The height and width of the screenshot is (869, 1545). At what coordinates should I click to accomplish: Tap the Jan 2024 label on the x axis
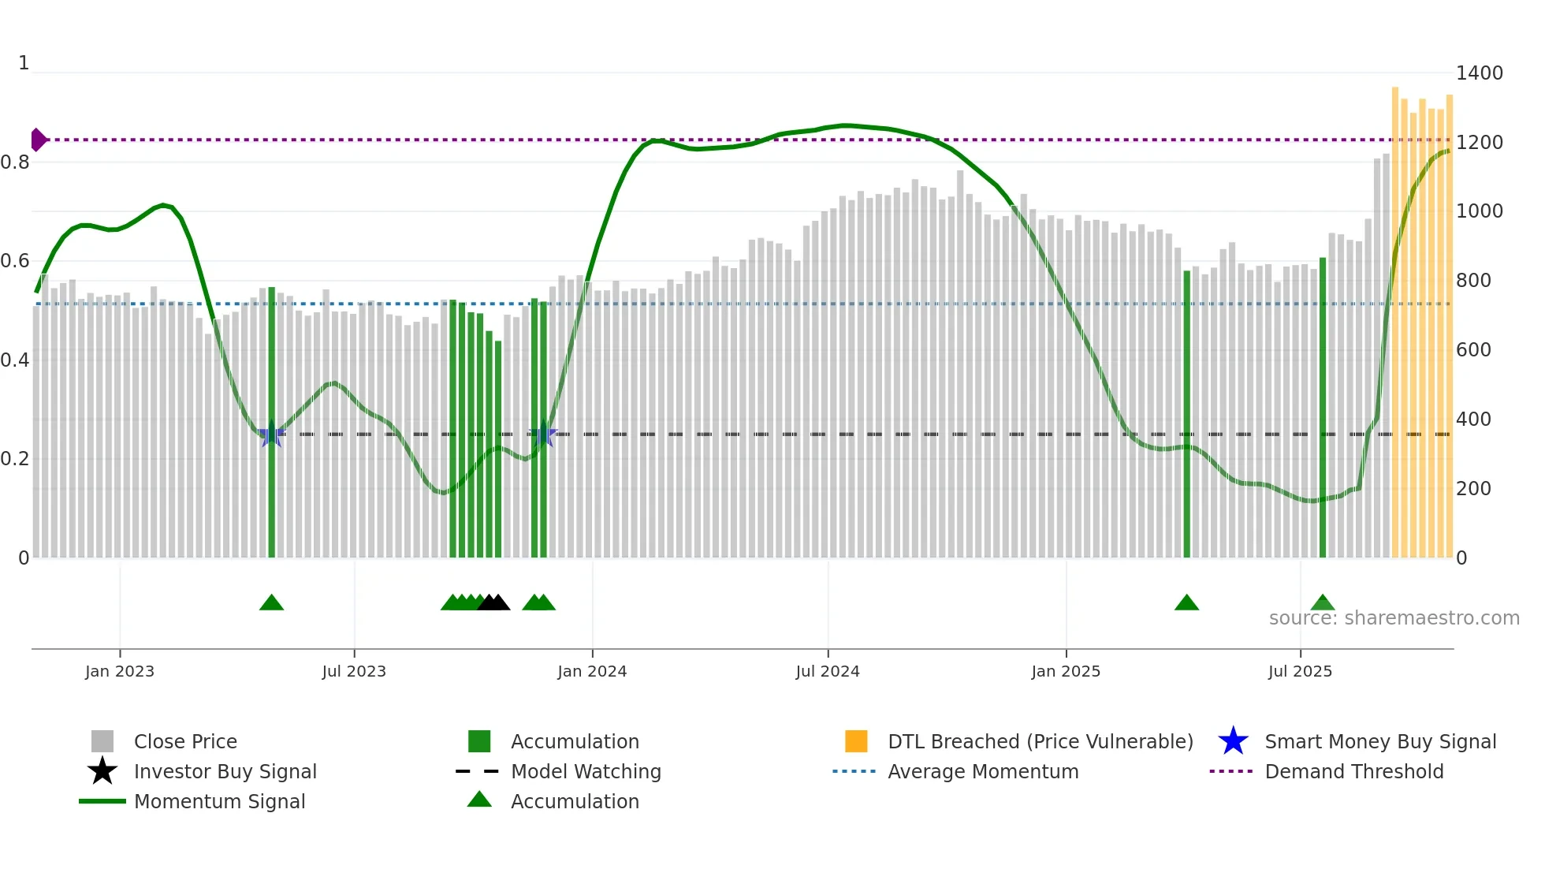(x=592, y=671)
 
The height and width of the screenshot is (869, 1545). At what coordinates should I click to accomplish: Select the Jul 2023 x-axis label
(x=354, y=671)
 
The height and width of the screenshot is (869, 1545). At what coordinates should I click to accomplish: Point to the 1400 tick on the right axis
(x=1479, y=73)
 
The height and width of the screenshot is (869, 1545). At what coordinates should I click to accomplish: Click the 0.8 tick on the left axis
(x=15, y=162)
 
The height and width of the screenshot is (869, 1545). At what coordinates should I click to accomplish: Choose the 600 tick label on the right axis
(x=1473, y=350)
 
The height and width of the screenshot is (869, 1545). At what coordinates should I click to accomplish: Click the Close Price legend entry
(x=184, y=741)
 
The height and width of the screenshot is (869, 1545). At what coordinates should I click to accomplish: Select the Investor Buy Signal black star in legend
(x=102, y=771)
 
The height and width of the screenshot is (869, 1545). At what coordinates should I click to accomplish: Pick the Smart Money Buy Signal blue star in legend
(x=1233, y=741)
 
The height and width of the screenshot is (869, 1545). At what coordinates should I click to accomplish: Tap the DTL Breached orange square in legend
(x=856, y=741)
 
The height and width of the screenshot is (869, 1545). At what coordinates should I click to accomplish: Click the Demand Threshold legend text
(x=1353, y=771)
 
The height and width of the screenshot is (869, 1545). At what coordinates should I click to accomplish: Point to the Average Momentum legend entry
(x=982, y=771)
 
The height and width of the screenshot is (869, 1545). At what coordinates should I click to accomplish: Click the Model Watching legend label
(x=585, y=771)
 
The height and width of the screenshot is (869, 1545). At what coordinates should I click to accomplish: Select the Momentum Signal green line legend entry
(x=102, y=801)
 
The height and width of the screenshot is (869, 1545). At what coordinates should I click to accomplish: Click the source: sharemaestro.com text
(x=1394, y=618)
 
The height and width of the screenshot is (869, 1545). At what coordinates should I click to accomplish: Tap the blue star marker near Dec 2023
(x=543, y=434)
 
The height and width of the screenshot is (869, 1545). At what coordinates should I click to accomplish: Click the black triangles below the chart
(x=494, y=603)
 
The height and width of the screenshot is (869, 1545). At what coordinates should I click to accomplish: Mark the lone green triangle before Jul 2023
(x=271, y=603)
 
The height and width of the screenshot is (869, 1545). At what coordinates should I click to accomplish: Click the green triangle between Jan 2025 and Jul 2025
(x=1186, y=603)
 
